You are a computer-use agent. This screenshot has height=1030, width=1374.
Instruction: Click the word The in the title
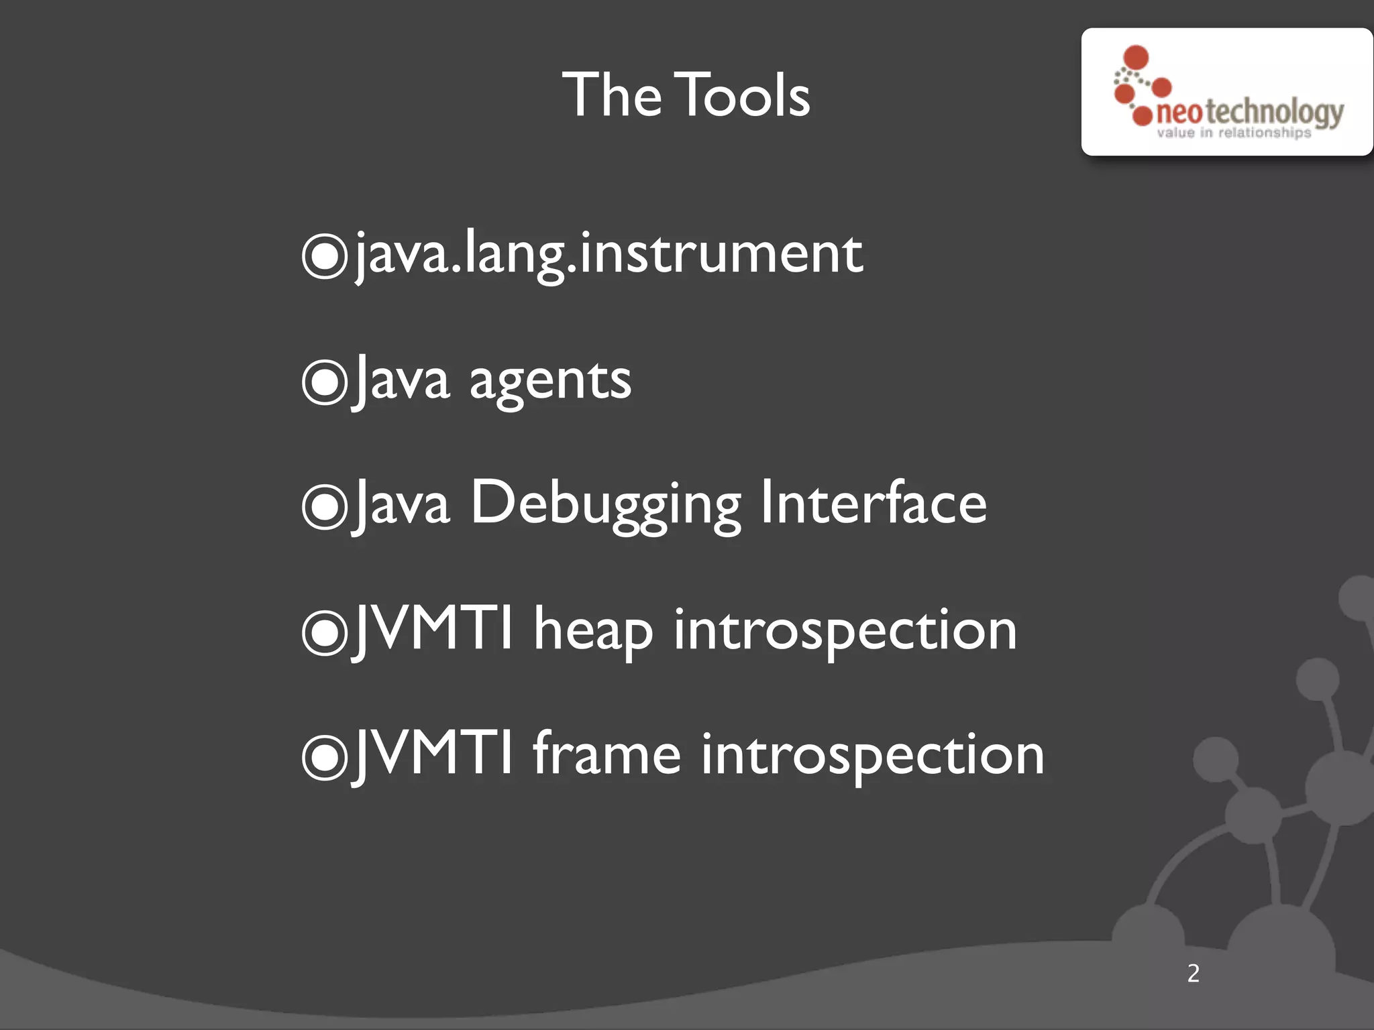tap(611, 95)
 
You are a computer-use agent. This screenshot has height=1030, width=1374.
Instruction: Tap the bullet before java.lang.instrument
tap(325, 255)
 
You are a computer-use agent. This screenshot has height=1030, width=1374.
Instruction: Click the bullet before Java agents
tap(325, 382)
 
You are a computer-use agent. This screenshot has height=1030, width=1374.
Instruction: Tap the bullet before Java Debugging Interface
tap(325, 506)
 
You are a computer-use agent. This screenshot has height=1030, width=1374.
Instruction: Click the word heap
tap(593, 630)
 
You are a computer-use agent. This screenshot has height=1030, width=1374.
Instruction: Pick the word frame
tap(606, 754)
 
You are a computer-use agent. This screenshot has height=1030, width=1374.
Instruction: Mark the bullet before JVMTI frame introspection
tap(325, 757)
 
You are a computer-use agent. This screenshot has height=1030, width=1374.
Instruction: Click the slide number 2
tap(1193, 973)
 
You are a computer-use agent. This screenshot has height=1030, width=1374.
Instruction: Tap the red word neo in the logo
tap(1179, 113)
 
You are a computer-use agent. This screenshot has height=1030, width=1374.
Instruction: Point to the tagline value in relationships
tap(1233, 133)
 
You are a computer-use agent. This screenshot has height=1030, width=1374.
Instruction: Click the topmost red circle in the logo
tap(1136, 57)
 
